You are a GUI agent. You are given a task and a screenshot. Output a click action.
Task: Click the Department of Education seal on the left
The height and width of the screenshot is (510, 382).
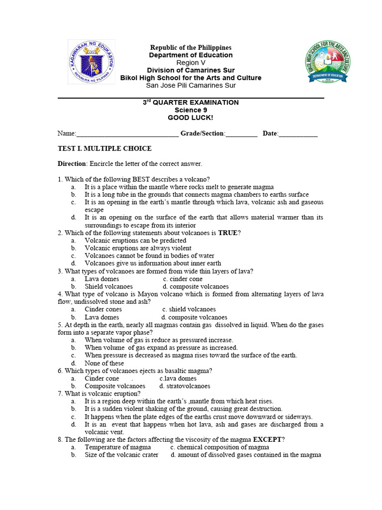point(91,63)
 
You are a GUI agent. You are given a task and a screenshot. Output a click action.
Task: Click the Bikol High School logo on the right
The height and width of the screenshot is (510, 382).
point(326,62)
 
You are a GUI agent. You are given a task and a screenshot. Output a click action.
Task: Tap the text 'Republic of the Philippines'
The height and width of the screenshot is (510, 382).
point(191,47)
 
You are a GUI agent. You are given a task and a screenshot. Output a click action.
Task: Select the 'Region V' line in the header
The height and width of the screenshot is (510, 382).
point(191,63)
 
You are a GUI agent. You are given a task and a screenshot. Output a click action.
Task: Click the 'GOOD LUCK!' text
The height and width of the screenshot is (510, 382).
point(191,118)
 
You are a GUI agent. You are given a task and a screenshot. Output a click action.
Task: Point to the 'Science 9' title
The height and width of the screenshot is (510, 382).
point(191,110)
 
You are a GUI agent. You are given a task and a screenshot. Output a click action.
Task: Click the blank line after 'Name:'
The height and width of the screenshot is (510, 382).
point(127,134)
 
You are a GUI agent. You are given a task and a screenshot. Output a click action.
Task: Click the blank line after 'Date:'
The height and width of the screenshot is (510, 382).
point(298,134)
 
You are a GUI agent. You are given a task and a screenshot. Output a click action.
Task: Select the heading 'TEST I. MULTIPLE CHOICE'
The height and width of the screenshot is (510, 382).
point(104,148)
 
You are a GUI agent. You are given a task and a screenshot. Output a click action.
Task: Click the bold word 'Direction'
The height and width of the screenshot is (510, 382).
point(72,164)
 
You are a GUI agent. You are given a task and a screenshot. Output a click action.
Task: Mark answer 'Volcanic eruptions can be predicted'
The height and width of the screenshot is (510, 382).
point(135,241)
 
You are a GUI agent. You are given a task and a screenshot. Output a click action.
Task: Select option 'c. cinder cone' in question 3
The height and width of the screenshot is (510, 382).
point(183,279)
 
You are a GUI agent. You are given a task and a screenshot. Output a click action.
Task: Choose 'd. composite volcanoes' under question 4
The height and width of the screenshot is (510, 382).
point(194,317)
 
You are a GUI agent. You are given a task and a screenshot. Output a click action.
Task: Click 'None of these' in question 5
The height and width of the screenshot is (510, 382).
point(104,363)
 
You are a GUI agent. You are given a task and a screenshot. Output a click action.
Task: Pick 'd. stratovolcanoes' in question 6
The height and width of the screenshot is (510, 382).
point(185,386)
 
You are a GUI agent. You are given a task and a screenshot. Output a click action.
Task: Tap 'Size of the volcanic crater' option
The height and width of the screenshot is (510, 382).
point(121,455)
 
